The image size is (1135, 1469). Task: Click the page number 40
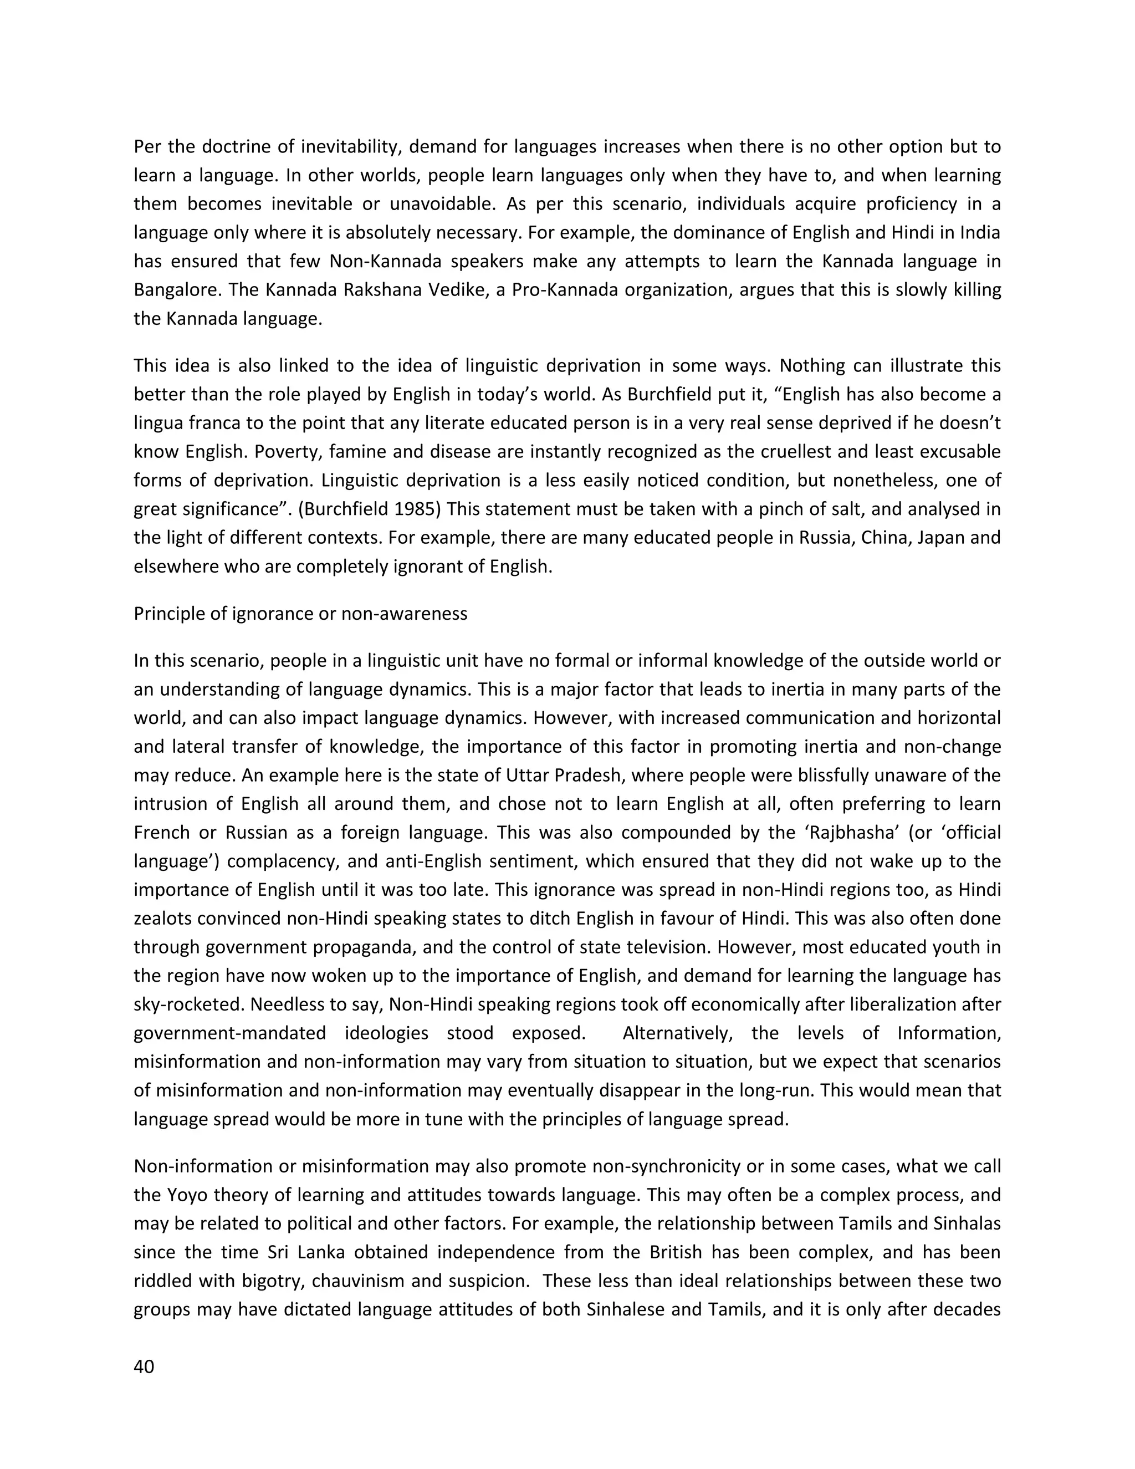point(144,1367)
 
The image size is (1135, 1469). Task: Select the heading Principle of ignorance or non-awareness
point(300,614)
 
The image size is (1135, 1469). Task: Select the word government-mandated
point(229,1033)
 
